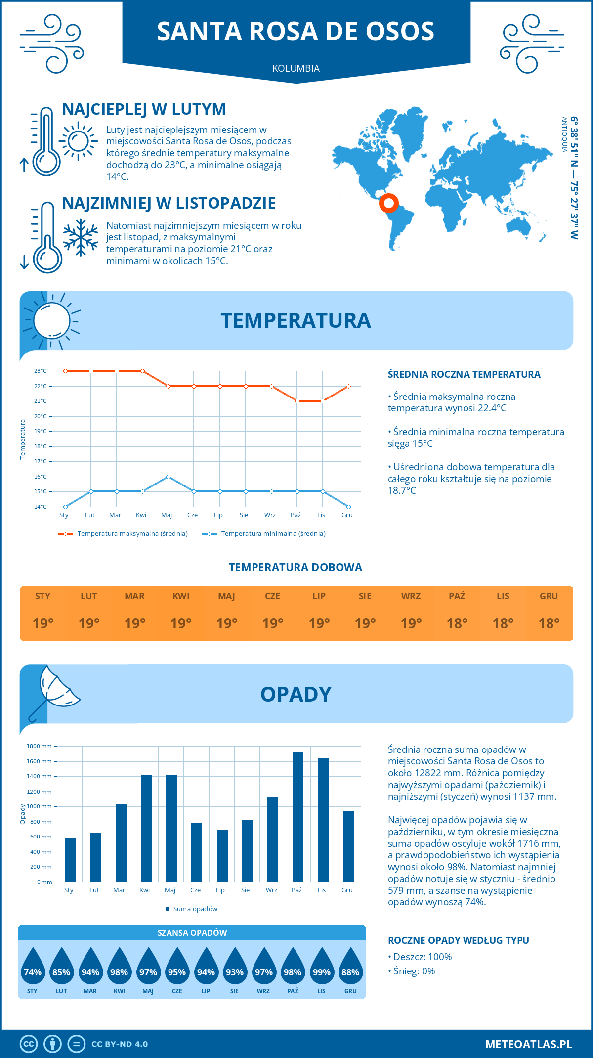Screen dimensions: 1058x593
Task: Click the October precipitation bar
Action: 298,817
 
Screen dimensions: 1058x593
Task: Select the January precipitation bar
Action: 70,860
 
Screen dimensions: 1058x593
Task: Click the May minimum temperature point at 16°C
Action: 169,477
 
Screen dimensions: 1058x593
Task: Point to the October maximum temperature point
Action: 297,401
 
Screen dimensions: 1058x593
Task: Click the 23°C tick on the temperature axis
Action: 41,371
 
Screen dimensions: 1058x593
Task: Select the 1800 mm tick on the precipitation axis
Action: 40,746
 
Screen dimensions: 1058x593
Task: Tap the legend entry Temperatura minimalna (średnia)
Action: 273,534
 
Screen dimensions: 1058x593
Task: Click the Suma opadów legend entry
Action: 195,909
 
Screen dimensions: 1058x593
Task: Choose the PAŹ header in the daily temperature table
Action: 457,596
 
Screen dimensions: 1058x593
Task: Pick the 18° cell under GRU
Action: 549,623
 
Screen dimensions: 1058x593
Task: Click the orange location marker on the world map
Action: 389,203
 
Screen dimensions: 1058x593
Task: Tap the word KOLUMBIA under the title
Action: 296,68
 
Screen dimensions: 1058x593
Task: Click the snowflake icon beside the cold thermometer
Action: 81,237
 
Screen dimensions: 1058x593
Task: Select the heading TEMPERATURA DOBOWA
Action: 296,567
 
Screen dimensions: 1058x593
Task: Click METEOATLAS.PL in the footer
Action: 528,1044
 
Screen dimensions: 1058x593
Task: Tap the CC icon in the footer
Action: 29,1044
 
